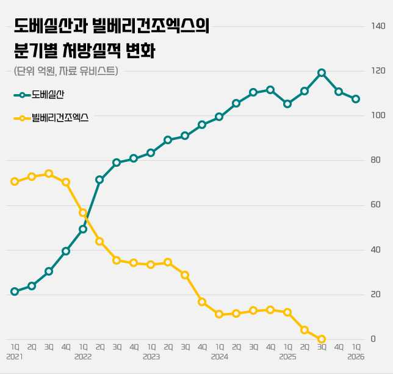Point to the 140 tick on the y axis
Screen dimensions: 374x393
(378, 26)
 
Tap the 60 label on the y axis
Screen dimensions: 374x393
(375, 205)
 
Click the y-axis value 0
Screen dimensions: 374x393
(373, 339)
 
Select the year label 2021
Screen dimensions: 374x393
(15, 356)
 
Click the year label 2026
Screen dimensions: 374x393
(356, 356)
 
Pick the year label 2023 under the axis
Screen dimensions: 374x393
(151, 356)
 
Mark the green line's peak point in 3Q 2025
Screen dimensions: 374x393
(322, 73)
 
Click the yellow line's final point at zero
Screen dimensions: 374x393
(322, 339)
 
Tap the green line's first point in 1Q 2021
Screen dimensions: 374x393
(15, 291)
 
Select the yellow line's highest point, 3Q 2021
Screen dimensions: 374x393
(49, 174)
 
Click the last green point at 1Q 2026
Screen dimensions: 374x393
(356, 99)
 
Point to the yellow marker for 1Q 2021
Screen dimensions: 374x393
(15, 182)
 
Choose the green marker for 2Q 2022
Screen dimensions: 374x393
(99, 180)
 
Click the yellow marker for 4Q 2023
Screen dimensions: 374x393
(202, 302)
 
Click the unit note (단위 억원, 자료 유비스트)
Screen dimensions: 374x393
(66, 71)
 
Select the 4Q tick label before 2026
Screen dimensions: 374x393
(339, 346)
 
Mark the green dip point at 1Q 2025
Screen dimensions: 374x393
(287, 104)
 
